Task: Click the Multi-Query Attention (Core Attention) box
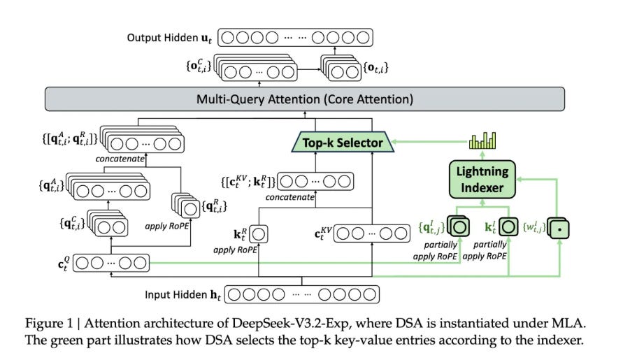click(x=315, y=99)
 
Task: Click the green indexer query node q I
click(x=459, y=226)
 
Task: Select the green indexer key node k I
click(x=508, y=226)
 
